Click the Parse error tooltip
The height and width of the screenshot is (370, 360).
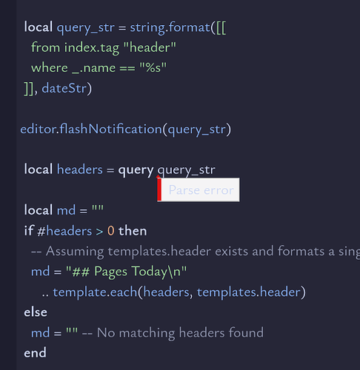199,189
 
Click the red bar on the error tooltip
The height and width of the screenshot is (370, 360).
159,189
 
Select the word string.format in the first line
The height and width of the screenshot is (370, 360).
170,27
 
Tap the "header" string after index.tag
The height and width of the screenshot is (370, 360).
150,47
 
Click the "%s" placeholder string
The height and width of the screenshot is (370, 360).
153,67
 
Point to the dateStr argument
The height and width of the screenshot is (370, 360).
64,88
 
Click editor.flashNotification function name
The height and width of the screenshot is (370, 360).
91,129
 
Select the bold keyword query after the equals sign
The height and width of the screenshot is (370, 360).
136,170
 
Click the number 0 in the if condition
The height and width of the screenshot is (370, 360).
111,231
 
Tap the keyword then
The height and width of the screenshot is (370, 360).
133,231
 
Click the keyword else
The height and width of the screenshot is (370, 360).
36,312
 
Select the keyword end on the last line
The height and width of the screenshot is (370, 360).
35,353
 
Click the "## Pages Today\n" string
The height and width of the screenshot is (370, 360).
126,272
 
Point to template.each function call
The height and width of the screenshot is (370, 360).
95,292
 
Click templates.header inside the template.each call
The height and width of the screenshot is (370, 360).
249,292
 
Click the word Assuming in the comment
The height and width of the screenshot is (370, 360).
75,252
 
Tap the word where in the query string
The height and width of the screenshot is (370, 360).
50,68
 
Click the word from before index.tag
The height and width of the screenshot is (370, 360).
46,47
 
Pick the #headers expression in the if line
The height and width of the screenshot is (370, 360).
64,231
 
